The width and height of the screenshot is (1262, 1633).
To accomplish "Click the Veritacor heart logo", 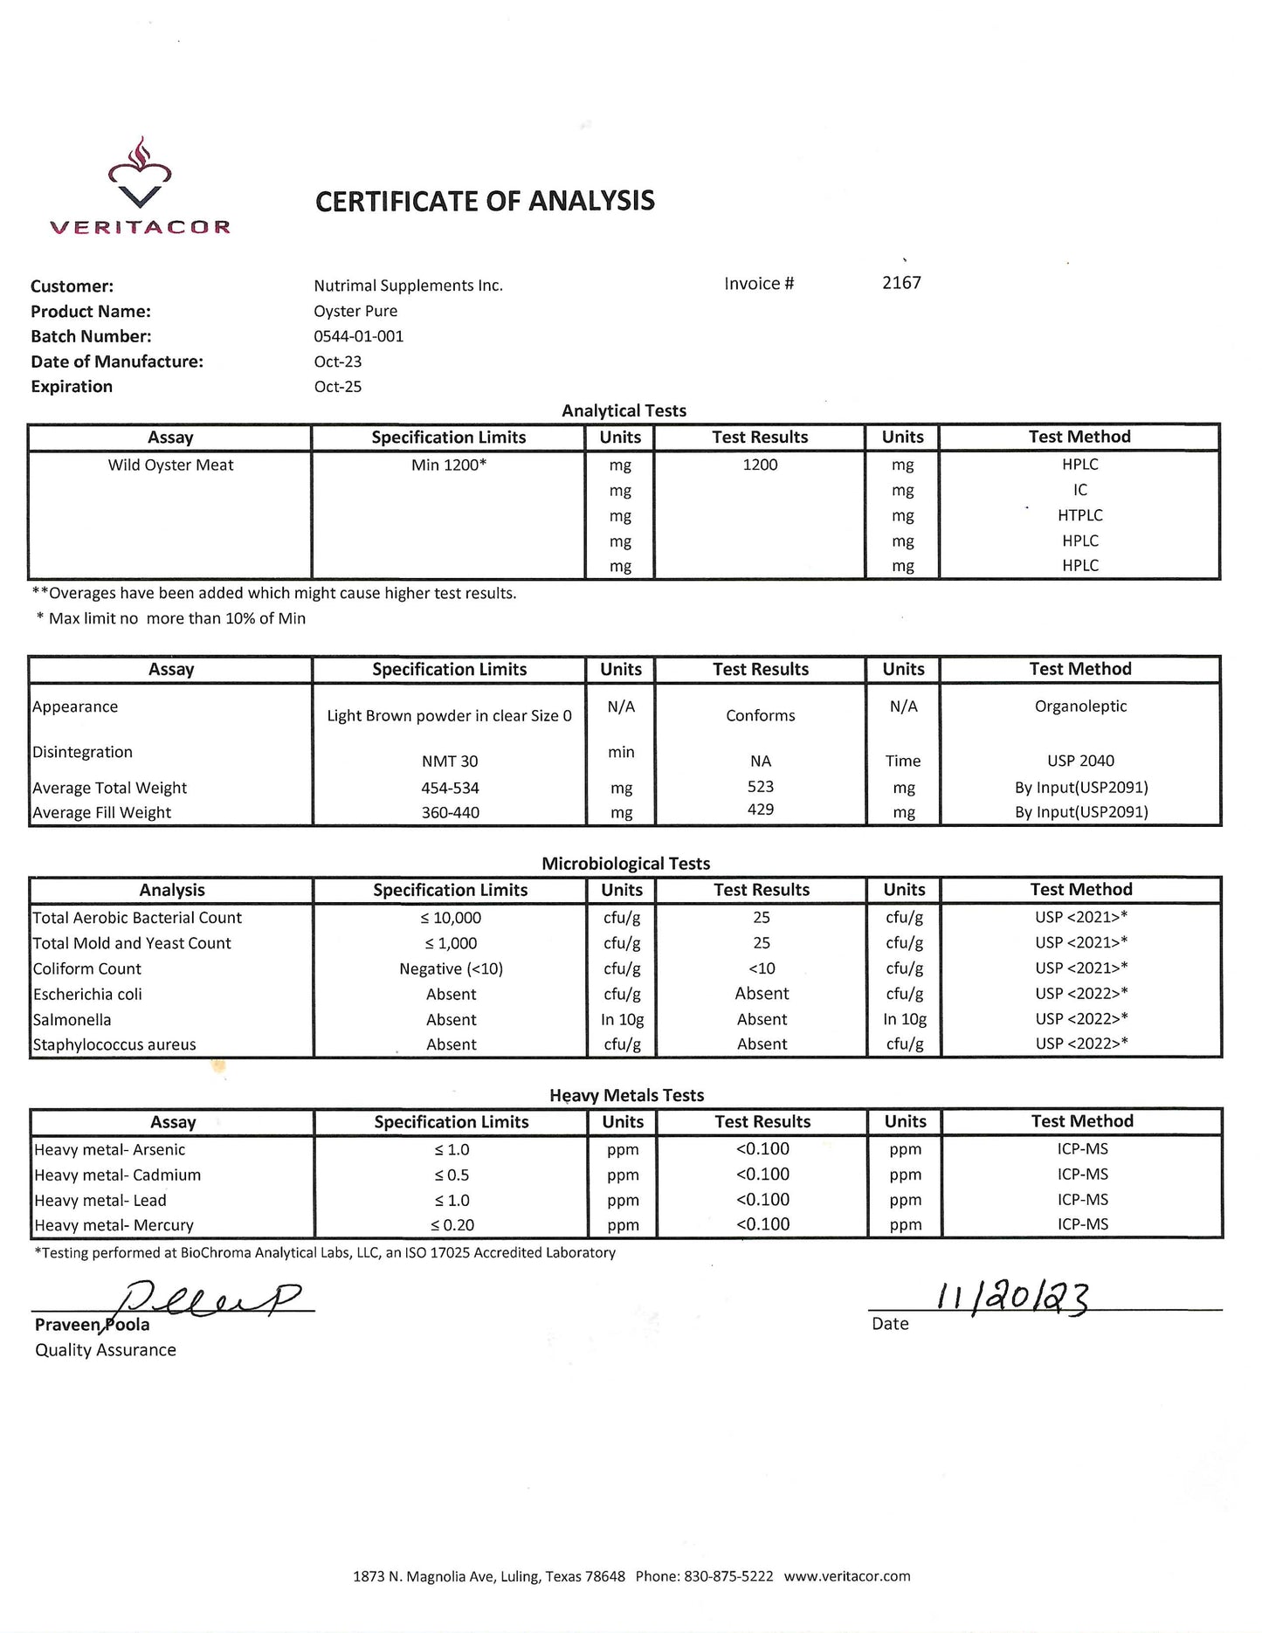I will pos(140,176).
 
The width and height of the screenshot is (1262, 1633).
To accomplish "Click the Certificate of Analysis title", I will pos(485,201).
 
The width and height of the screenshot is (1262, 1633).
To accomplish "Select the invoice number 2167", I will pos(901,283).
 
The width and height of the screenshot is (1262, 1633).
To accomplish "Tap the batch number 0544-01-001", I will pos(359,336).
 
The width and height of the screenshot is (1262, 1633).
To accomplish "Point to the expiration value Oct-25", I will pos(338,387).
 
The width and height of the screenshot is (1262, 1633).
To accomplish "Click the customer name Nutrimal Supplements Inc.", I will pos(408,286).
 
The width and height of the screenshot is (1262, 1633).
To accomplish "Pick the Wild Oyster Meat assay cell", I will pos(170,465).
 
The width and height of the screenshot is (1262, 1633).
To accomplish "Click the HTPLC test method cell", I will pos(1080,515).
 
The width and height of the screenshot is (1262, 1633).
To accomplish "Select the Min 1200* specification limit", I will pos(449,465).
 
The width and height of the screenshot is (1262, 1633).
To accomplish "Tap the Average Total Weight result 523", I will pos(761,787).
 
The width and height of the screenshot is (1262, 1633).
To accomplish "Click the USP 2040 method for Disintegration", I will pos(1080,761).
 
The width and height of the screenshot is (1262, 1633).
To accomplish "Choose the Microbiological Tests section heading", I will pos(625,864).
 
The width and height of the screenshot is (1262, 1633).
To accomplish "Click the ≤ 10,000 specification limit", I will pos(451,918).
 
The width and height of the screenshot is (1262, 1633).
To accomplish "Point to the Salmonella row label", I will pos(72,1020).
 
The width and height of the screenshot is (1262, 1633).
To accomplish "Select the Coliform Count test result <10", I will pos(761,968).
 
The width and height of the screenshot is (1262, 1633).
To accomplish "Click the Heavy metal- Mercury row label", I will pos(114,1225).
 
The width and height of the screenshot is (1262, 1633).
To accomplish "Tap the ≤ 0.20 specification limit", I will pos(452,1225).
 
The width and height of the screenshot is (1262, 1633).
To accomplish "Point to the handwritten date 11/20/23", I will pos(1013,1298).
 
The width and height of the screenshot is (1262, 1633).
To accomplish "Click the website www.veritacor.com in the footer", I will pos(847,1576).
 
